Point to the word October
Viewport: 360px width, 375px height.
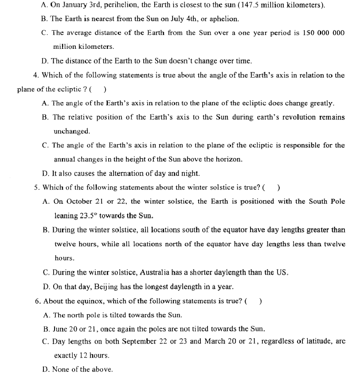pyautogui.click(x=79, y=201)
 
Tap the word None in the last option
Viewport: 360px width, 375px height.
pyautogui.click(x=61, y=369)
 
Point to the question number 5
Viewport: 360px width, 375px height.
pyautogui.click(x=37, y=187)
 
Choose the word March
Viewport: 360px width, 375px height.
pyautogui.click(x=214, y=341)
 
